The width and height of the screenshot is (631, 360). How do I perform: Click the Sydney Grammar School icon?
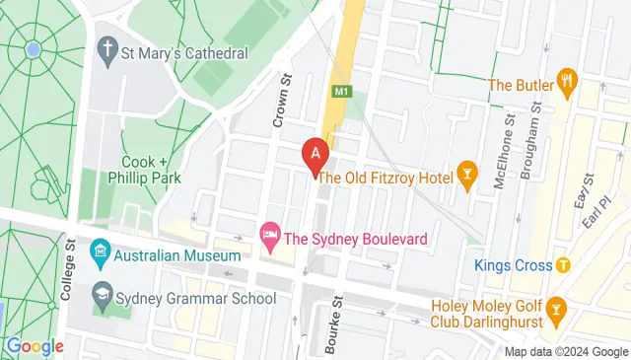(x=100, y=294)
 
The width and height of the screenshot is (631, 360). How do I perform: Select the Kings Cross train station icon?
(x=563, y=264)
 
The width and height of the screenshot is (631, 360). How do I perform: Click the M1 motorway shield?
(x=340, y=92)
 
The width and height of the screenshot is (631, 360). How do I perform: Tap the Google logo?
(x=35, y=346)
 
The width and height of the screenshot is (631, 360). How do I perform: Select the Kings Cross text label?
(x=512, y=264)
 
